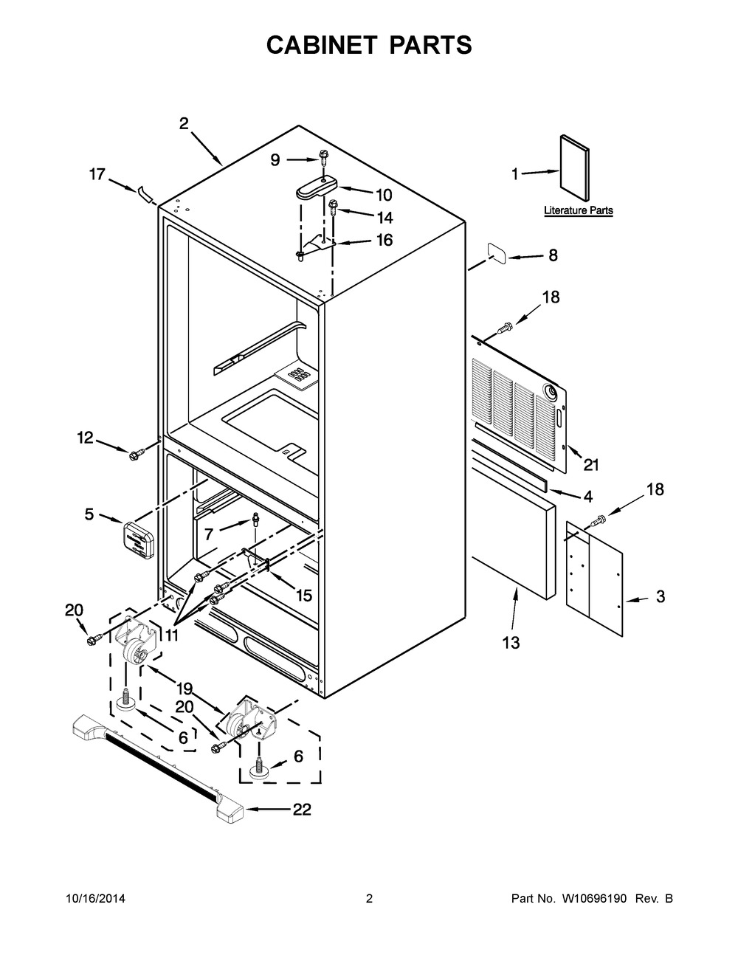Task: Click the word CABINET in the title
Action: tap(322, 45)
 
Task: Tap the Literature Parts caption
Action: tap(579, 210)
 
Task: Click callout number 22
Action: tap(303, 809)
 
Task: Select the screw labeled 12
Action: tap(134, 455)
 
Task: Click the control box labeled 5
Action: tap(137, 540)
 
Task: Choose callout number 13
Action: tap(511, 643)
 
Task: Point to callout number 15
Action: tap(303, 595)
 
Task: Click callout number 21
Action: tap(591, 464)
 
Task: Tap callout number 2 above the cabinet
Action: tap(184, 123)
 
